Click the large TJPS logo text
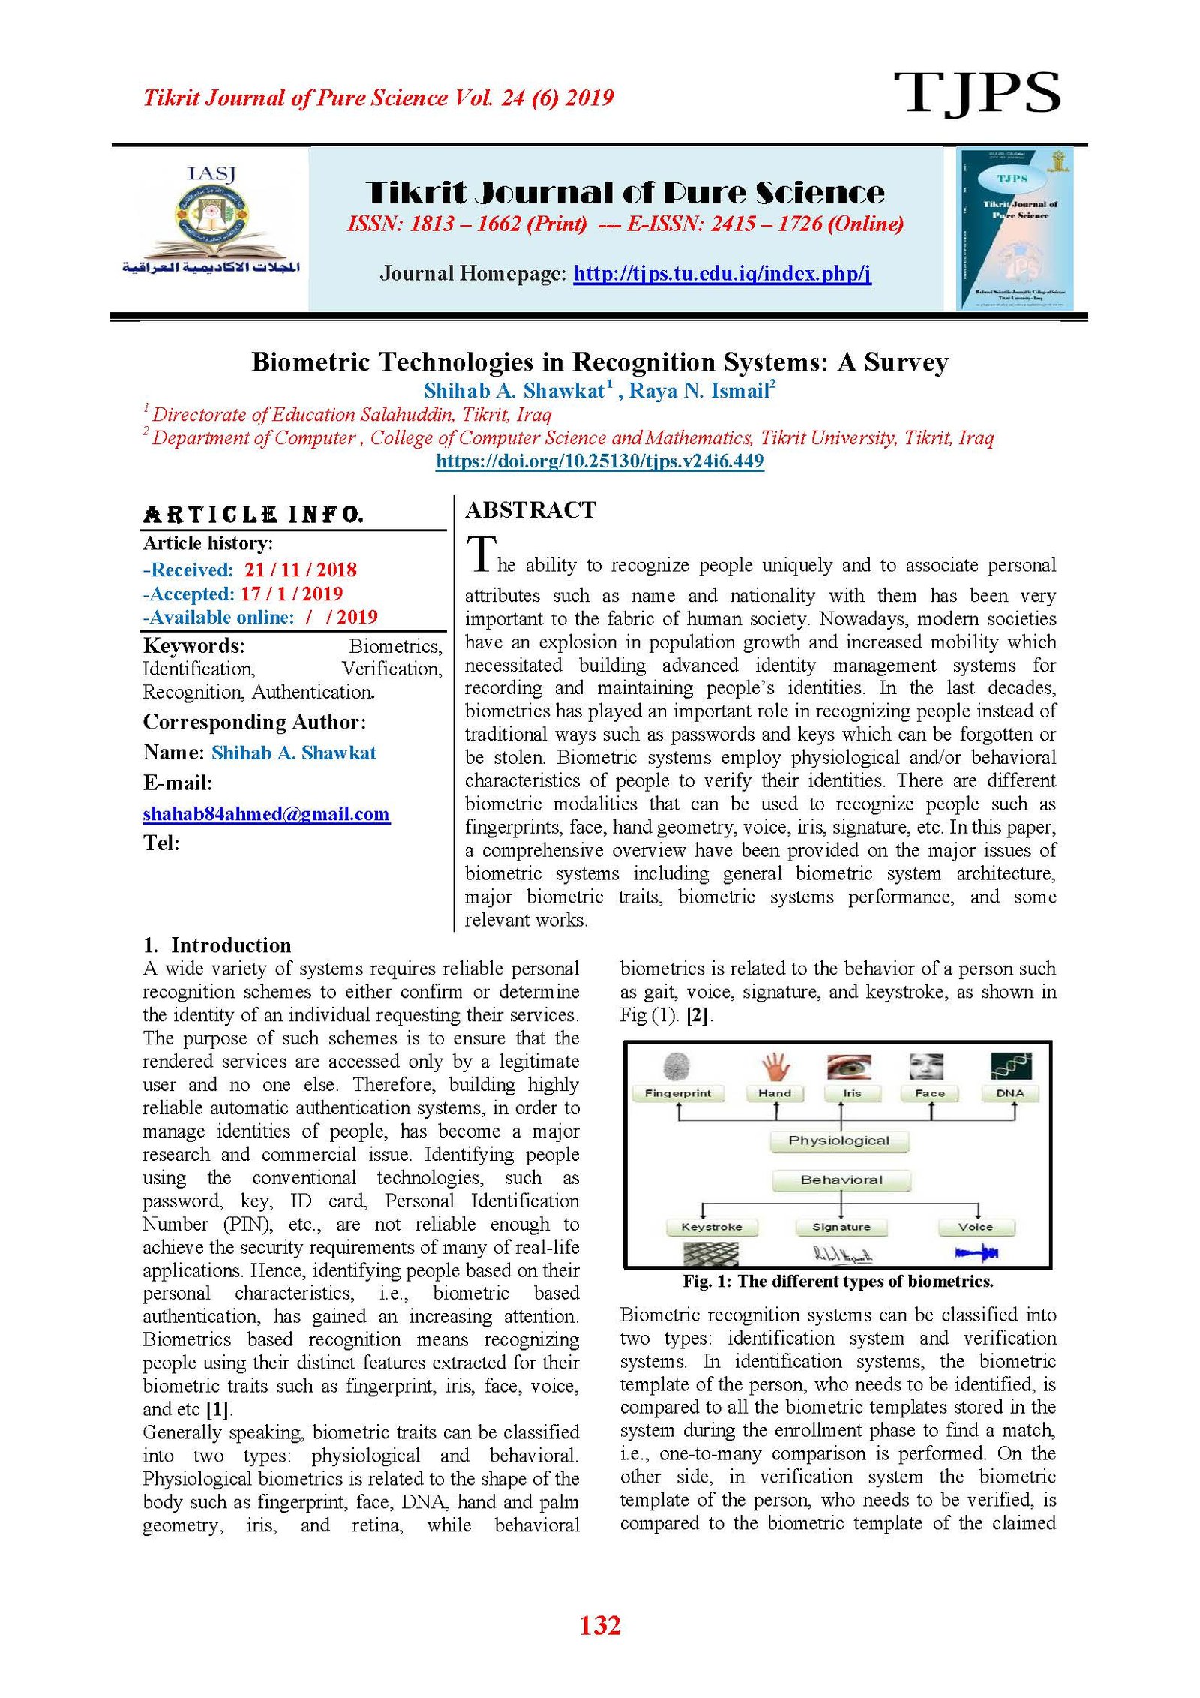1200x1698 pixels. (976, 93)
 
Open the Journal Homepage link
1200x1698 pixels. (721, 273)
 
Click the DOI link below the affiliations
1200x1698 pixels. (599, 461)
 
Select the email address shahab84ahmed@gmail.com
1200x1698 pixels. (266, 814)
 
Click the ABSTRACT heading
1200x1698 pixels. (530, 510)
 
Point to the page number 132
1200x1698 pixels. (599, 1624)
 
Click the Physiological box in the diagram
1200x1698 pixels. (839, 1141)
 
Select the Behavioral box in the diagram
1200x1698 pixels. (841, 1180)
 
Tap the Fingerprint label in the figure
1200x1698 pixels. (678, 1093)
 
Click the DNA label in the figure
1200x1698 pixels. (1009, 1093)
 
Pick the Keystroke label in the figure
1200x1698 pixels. (712, 1227)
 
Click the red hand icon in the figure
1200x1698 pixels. (775, 1066)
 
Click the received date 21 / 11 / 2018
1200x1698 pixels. (300, 570)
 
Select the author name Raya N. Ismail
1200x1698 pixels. (699, 391)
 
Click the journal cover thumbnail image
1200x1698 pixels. (1014, 228)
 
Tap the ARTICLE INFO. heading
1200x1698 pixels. (253, 515)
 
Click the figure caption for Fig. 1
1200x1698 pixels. (838, 1282)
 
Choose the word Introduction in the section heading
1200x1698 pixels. (231, 945)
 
